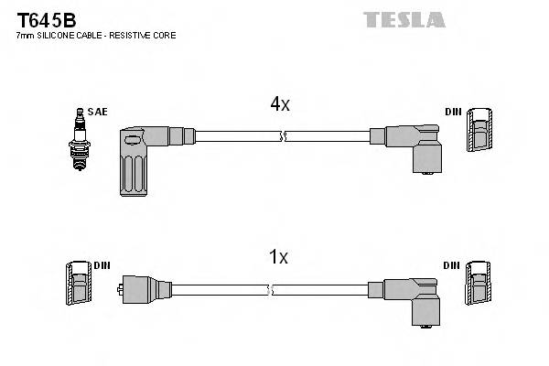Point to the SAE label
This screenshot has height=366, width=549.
[99, 112]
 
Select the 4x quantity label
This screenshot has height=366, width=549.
[280, 104]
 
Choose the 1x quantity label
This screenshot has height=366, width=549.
[280, 257]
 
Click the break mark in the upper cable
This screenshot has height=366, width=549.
[282, 137]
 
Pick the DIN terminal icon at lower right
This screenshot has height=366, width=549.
[479, 285]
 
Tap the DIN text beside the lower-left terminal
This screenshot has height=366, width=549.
[102, 265]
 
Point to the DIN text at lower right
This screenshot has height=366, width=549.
[452, 265]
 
